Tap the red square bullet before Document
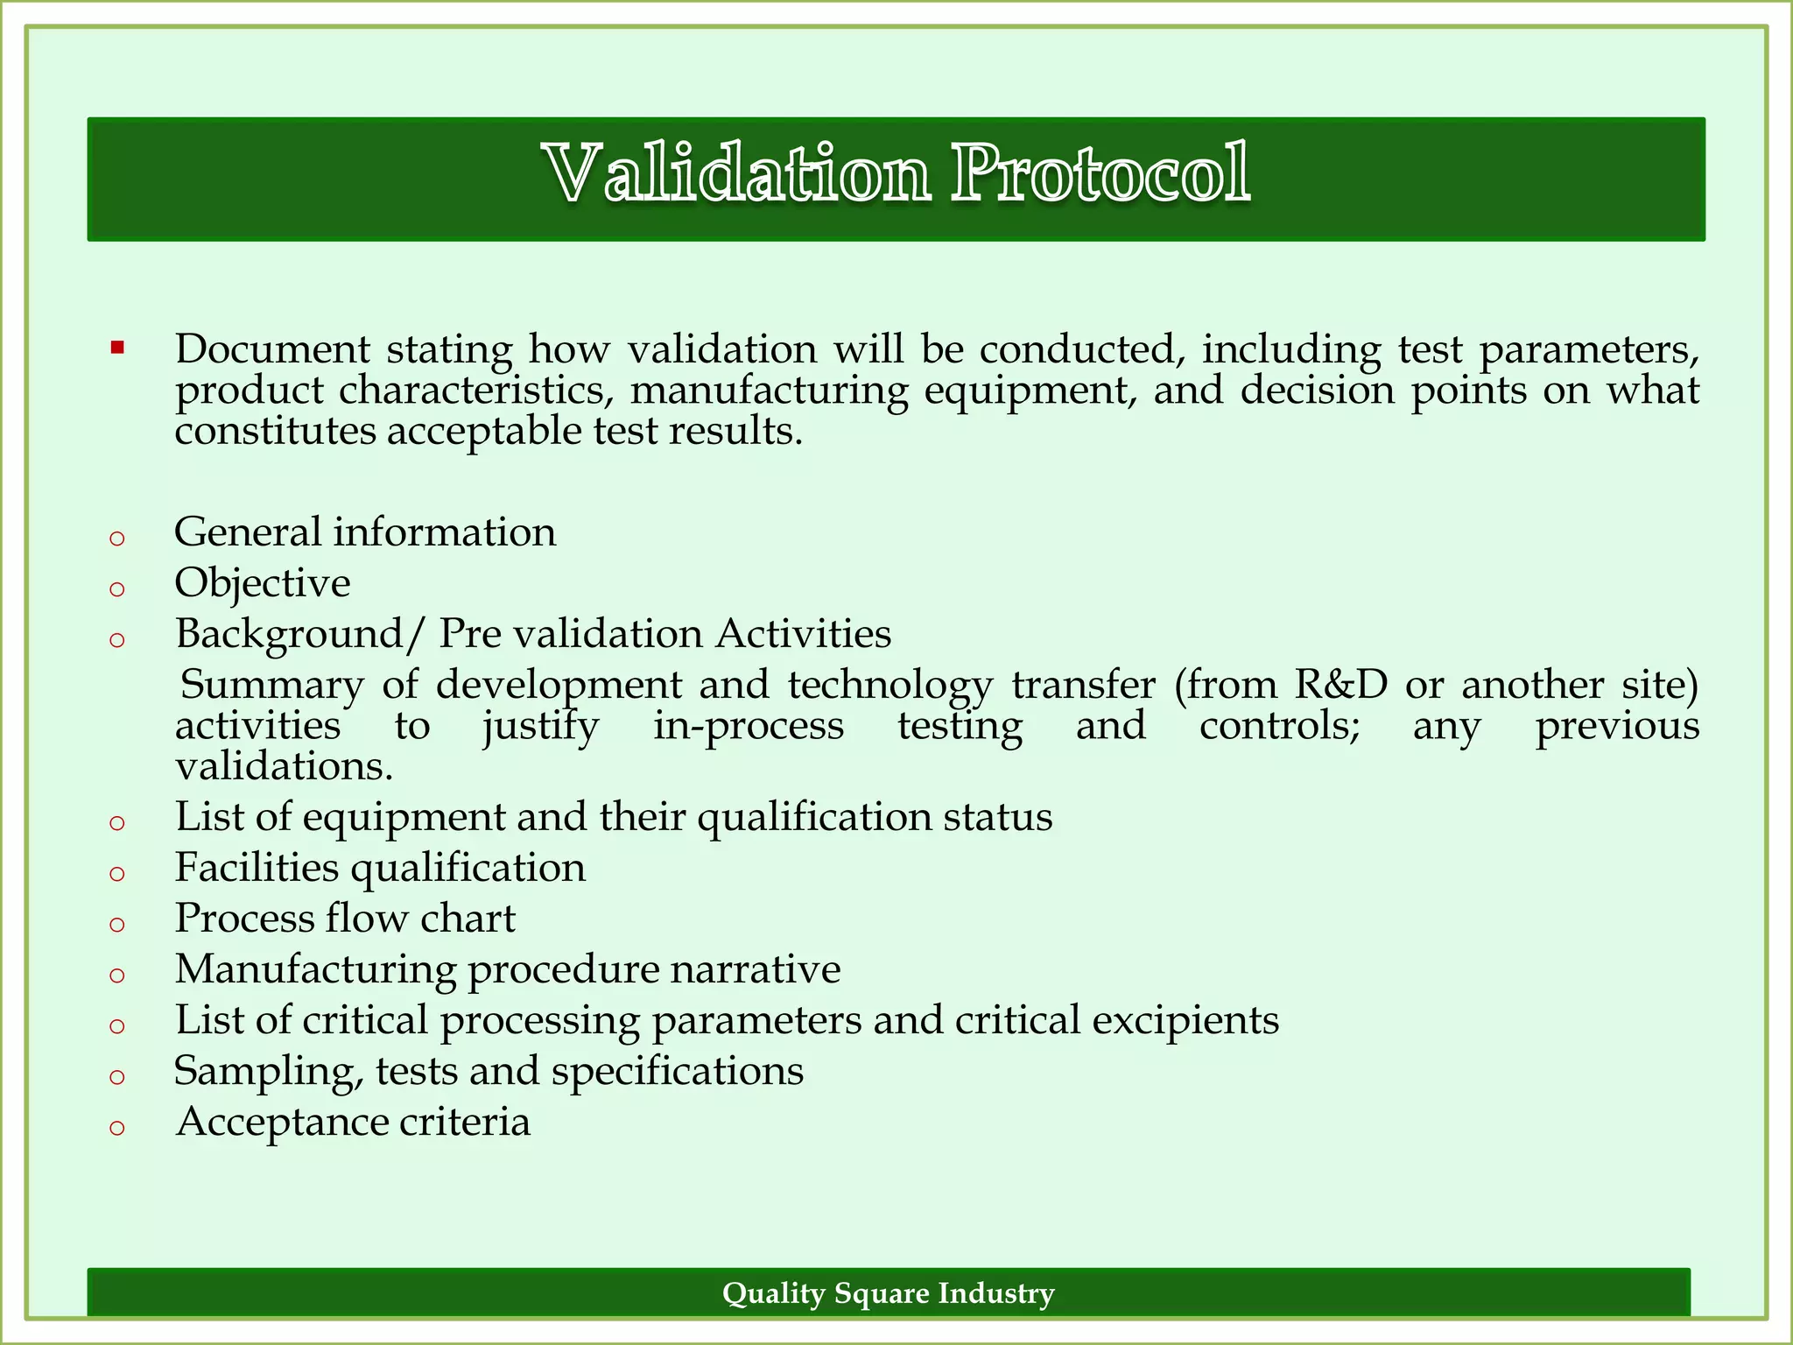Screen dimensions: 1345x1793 118,349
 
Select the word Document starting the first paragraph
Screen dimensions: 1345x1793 272,349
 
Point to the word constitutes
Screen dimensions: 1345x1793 275,432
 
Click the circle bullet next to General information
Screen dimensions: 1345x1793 117,538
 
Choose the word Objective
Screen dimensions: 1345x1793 263,584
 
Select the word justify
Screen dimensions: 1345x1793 540,727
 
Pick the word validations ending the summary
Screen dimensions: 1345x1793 284,767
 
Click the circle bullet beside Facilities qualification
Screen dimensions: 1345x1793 117,873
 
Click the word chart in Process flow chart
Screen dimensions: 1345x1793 468,919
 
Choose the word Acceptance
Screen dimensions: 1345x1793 282,1123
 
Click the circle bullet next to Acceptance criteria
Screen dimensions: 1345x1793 117,1128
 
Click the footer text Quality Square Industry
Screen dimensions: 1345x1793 888,1293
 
